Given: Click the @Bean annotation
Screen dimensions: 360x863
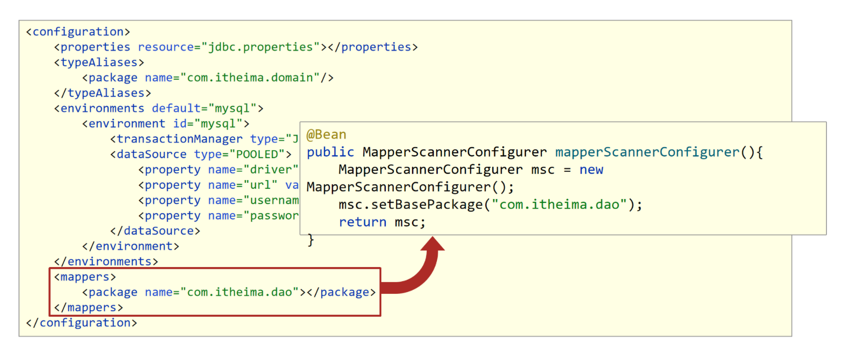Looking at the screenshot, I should [326, 135].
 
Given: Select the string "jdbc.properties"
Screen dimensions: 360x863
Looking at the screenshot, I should [260, 47].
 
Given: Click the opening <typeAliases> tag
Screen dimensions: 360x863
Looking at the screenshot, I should [99, 63].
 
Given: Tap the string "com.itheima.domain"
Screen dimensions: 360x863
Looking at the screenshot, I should [250, 78].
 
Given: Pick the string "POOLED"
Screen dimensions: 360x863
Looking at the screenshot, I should [257, 155].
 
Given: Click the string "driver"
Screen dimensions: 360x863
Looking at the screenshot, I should [270, 170].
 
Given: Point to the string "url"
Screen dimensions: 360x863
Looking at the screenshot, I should [260, 185].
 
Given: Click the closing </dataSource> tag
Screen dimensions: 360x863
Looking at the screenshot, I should [155, 231].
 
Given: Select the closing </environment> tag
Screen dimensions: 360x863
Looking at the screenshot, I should [130, 247].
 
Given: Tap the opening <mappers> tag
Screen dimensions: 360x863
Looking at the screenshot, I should [85, 277].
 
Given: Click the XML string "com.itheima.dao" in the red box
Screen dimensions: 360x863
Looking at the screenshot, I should [239, 292].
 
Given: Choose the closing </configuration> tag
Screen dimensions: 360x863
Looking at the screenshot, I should [81, 323].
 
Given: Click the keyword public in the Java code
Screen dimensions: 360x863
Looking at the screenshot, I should [330, 152].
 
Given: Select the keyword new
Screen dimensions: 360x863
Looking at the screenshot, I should [591, 170].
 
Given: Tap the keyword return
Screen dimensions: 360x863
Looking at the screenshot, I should [362, 222].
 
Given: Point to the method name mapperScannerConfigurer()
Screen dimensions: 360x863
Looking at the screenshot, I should [647, 152].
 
